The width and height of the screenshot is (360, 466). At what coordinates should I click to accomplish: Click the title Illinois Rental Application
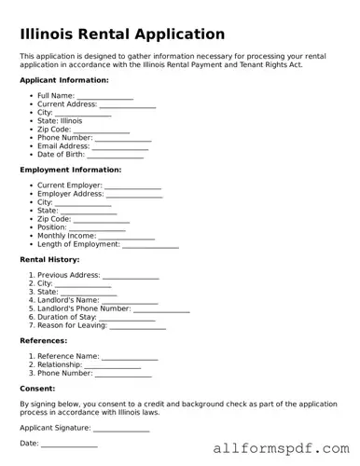[122, 34]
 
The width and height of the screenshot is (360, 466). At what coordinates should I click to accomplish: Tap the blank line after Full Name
[104, 97]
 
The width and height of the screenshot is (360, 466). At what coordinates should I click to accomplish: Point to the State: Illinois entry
[60, 121]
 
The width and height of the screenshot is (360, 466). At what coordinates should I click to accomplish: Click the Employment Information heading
[71, 171]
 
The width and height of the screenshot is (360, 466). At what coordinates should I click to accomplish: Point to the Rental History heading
[49, 260]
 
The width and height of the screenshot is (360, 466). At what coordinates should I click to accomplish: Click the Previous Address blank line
[130, 276]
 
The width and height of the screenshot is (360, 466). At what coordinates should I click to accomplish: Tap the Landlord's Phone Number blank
[161, 309]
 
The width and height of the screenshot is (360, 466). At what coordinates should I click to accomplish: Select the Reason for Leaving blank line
[138, 326]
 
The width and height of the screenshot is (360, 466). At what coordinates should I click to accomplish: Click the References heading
[45, 342]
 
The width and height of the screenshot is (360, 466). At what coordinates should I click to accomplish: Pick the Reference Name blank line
[129, 358]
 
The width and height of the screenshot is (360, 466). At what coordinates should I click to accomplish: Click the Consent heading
[37, 390]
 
